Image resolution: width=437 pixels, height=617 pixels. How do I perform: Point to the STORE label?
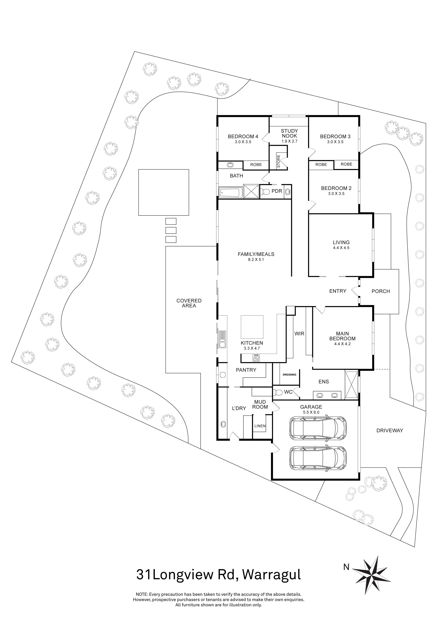pyautogui.click(x=278, y=161)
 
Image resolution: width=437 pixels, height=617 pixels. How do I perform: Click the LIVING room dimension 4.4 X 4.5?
pyautogui.click(x=341, y=248)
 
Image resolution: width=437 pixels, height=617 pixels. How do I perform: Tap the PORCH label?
pyautogui.click(x=380, y=291)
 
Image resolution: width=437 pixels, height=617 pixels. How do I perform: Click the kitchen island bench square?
pyautogui.click(x=252, y=327)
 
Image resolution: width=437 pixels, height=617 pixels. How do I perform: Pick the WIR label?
pyautogui.click(x=299, y=333)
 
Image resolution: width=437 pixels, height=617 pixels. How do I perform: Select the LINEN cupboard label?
pyautogui.click(x=260, y=426)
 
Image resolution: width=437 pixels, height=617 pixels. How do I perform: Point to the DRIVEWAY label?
pyautogui.click(x=389, y=431)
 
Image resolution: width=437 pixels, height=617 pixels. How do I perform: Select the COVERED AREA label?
pyautogui.click(x=189, y=303)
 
